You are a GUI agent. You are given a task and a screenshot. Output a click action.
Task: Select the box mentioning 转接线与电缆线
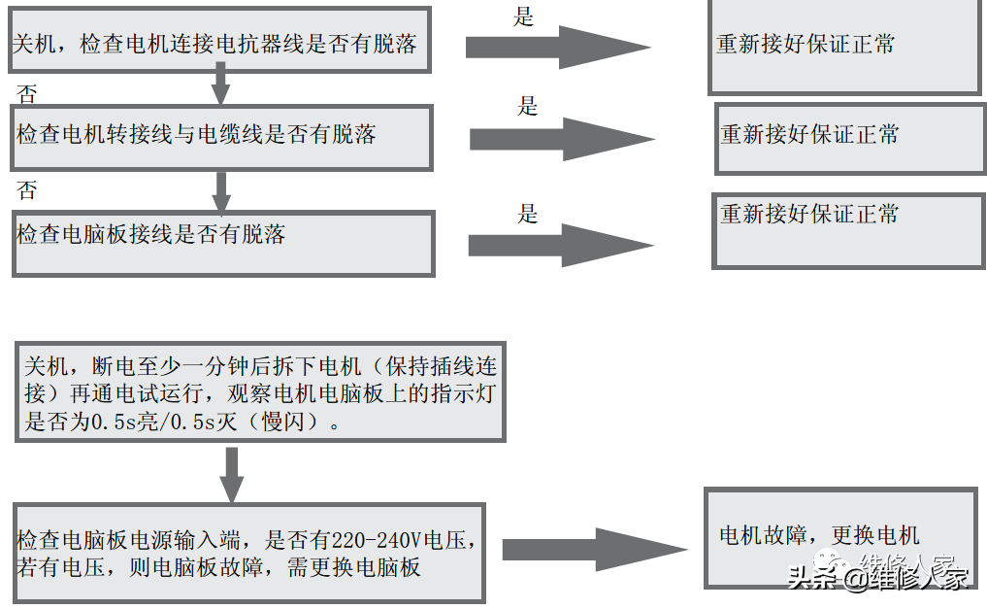[x=221, y=135]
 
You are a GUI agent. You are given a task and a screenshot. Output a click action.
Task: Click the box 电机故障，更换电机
[x=840, y=536]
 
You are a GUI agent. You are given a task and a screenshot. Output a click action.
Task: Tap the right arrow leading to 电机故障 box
[x=594, y=550]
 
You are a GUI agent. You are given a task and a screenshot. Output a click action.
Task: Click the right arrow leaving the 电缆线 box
[x=562, y=139]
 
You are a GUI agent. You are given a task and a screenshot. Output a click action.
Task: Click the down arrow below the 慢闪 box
[x=231, y=475]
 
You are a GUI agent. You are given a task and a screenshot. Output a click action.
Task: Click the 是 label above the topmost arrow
[x=524, y=17]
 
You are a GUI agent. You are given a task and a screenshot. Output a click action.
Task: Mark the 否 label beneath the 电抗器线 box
[x=27, y=93]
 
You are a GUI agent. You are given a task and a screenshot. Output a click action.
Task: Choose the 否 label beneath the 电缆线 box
[x=27, y=190]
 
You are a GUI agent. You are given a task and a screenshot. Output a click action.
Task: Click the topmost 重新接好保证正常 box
[x=843, y=46]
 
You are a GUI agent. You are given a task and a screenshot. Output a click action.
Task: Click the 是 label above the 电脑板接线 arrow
[x=527, y=214]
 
